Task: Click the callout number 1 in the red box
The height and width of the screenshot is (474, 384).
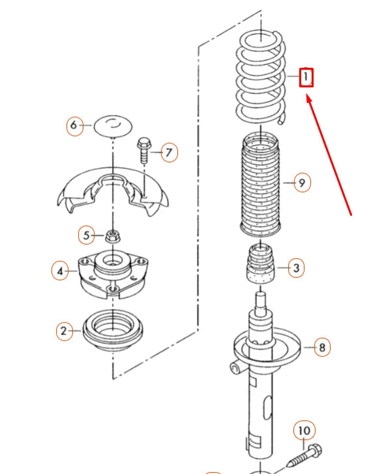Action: pos(306,78)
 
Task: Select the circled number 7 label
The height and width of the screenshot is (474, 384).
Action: pos(170,153)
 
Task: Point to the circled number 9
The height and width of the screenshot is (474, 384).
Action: pos(302,183)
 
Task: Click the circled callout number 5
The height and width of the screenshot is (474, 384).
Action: pos(87,235)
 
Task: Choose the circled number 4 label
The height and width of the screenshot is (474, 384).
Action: pos(60,271)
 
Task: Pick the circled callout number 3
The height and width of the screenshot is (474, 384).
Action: pos(296,268)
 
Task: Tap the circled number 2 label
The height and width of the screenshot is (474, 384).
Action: pos(65,331)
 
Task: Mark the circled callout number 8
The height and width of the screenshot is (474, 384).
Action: pos(322,347)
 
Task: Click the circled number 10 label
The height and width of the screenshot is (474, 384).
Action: pos(304,430)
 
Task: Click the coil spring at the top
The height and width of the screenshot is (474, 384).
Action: pos(261,77)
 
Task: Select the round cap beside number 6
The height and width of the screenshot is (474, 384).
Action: pos(113,126)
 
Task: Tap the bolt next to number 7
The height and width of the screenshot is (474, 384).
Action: pos(144,150)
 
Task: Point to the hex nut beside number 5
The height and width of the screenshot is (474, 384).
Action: pos(113,236)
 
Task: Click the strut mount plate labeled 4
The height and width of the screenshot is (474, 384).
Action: pos(113,274)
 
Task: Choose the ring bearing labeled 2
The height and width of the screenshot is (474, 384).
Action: pos(113,331)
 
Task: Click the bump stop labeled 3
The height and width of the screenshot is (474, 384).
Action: pos(261,263)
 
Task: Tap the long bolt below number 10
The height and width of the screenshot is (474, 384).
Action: pos(304,458)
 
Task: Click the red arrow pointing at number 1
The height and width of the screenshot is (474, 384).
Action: pos(329,155)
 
